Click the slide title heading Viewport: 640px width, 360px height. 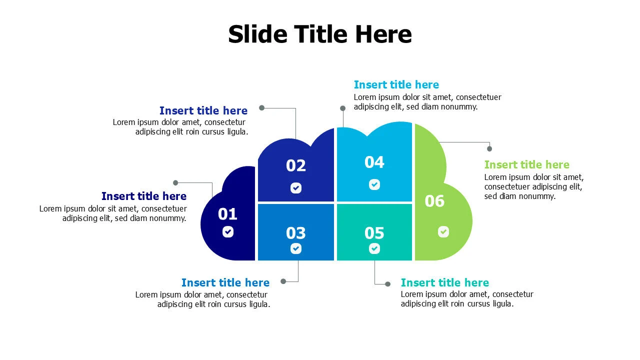pos(320,34)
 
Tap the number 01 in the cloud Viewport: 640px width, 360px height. pos(227,214)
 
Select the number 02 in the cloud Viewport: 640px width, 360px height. pos(295,166)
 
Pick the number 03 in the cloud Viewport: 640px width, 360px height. pos(295,233)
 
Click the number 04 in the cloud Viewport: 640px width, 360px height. pos(374,162)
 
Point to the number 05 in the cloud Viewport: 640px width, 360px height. pos(374,233)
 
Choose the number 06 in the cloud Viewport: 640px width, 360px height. pos(434,201)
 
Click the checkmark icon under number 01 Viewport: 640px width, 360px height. pos(228,232)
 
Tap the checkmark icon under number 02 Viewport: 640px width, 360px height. pos(296,188)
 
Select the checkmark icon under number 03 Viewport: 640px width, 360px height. pos(296,248)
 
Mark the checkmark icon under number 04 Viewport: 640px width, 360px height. pos(374,184)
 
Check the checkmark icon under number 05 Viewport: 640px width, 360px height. pos(374,248)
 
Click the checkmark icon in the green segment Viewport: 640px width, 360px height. pos(443,232)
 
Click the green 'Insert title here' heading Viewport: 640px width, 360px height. pos(526,165)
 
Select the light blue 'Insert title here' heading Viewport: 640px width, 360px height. pos(396,85)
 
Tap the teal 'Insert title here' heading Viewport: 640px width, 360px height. pos(444,283)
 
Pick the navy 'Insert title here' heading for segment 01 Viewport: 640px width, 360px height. pos(143,196)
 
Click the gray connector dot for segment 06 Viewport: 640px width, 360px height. pos(489,148)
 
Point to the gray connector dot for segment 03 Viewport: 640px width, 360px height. pos(283,281)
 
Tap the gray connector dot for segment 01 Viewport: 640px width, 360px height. pos(175,183)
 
